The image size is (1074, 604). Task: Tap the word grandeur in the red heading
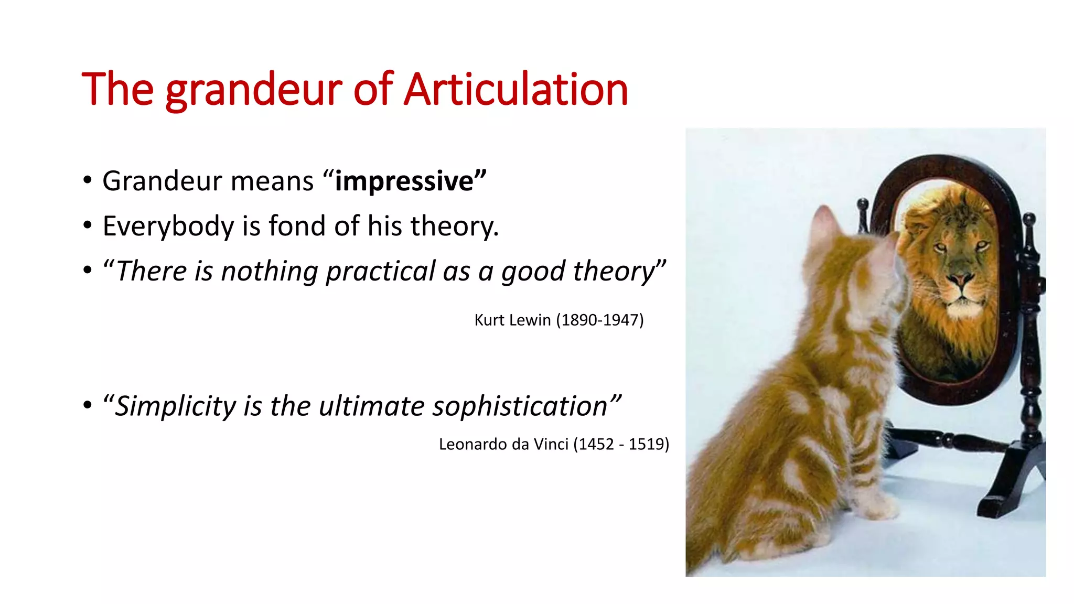pyautogui.click(x=254, y=90)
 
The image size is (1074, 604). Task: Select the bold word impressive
pyautogui.click(x=404, y=181)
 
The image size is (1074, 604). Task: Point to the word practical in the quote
pyautogui.click(x=381, y=272)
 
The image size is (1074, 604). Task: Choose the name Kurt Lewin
pyautogui.click(x=512, y=320)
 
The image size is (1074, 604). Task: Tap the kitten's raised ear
pyautogui.click(x=823, y=220)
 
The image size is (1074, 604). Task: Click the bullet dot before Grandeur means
pyautogui.click(x=88, y=181)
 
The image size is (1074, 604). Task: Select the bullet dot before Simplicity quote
pyautogui.click(x=88, y=405)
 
